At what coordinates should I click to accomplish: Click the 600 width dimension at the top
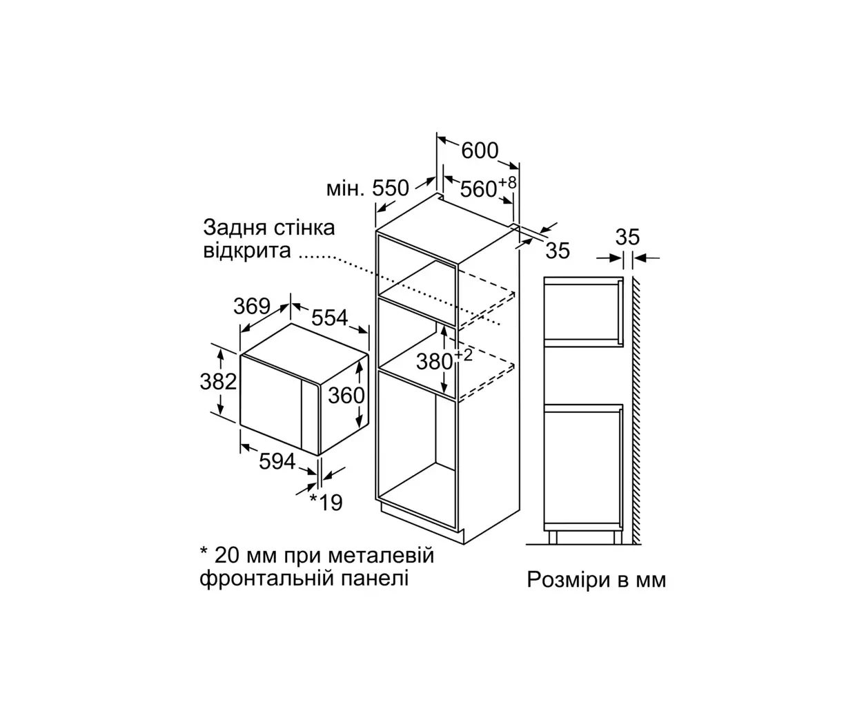click(480, 151)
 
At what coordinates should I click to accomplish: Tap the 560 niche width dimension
click(478, 189)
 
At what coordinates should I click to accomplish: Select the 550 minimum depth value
click(390, 188)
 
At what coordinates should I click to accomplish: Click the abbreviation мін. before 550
click(345, 188)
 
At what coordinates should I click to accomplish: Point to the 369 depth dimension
click(252, 306)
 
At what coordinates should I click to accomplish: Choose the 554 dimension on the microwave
click(329, 317)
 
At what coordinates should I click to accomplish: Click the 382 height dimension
click(218, 382)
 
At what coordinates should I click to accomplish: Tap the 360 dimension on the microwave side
click(346, 396)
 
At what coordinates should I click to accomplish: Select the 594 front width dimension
click(277, 461)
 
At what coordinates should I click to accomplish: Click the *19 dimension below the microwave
click(326, 503)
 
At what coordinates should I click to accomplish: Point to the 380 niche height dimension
click(434, 362)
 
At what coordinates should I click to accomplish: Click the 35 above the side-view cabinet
click(627, 237)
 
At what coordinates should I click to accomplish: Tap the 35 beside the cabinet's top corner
click(558, 251)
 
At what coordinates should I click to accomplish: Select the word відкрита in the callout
click(247, 251)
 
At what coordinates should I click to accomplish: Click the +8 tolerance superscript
click(507, 182)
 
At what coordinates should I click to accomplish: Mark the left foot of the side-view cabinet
click(553, 537)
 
